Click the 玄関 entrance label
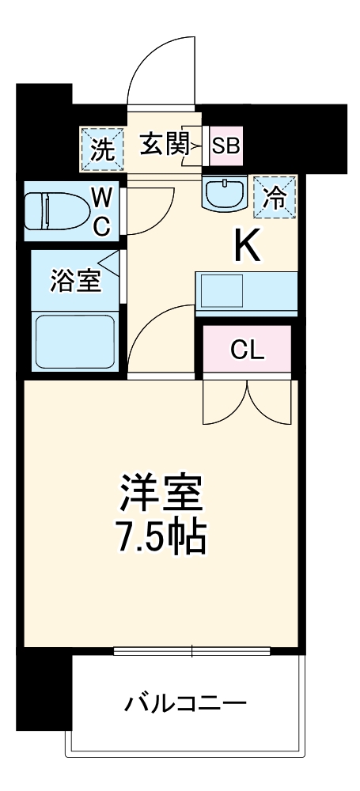(164, 146)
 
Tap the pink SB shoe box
(225, 146)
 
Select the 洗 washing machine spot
(103, 149)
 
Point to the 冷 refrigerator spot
(274, 196)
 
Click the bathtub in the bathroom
(74, 340)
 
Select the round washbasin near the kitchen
(226, 192)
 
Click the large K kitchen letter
(246, 248)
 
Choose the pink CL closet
(247, 349)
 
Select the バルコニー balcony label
(185, 702)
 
